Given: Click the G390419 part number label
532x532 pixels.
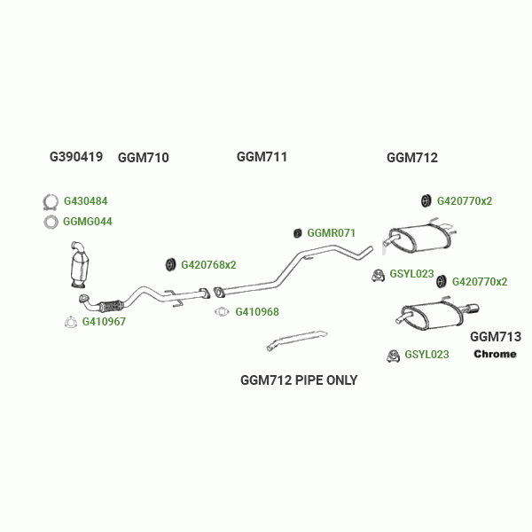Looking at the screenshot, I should pyautogui.click(x=76, y=157).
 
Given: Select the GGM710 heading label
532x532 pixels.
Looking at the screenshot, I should pyautogui.click(x=143, y=158).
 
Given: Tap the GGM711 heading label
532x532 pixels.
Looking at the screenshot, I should pyautogui.click(x=262, y=157).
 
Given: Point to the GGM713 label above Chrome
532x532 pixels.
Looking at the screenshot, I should pyautogui.click(x=495, y=337).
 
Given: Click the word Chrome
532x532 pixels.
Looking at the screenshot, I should pyautogui.click(x=495, y=355).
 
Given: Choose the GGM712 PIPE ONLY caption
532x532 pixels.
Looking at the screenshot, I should pyautogui.click(x=299, y=380).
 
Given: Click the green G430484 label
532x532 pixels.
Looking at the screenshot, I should pyautogui.click(x=85, y=201).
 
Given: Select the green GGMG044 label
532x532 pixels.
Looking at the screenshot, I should pyautogui.click(x=88, y=221).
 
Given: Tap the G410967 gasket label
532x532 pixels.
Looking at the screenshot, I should pyautogui.click(x=104, y=322).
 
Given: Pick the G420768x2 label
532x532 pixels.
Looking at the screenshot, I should pyautogui.click(x=208, y=264).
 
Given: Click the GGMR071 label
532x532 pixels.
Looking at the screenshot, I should pyautogui.click(x=331, y=233).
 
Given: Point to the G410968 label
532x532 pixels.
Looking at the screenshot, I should pyautogui.click(x=257, y=312).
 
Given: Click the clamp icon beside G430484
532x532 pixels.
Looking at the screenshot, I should pyautogui.click(x=51, y=201).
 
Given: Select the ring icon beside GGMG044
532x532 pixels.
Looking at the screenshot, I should pyautogui.click(x=51, y=222).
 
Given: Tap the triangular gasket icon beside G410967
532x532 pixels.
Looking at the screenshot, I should pyautogui.click(x=71, y=322).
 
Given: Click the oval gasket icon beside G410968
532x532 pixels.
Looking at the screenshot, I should pyautogui.click(x=223, y=312).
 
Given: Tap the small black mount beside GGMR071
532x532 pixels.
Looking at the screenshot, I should pyautogui.click(x=298, y=233).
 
